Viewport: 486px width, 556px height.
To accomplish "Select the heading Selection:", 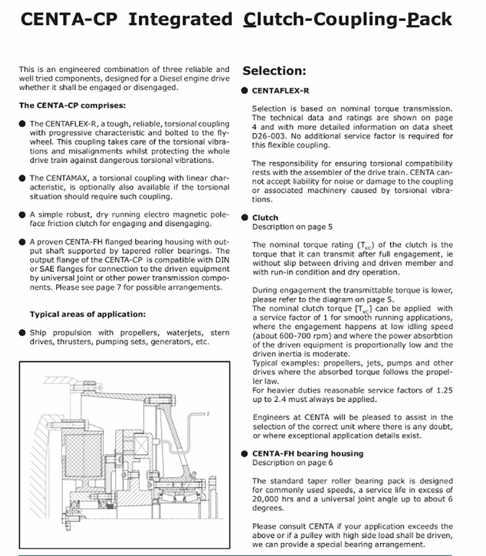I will pos(275,71).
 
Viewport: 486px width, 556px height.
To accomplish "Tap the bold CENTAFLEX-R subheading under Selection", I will pos(280,91).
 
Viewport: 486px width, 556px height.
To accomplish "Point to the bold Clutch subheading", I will pos(265,217).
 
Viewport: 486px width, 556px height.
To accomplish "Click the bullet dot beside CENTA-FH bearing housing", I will pos(244,453).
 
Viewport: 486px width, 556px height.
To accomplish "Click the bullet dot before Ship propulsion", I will pos(22,333).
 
